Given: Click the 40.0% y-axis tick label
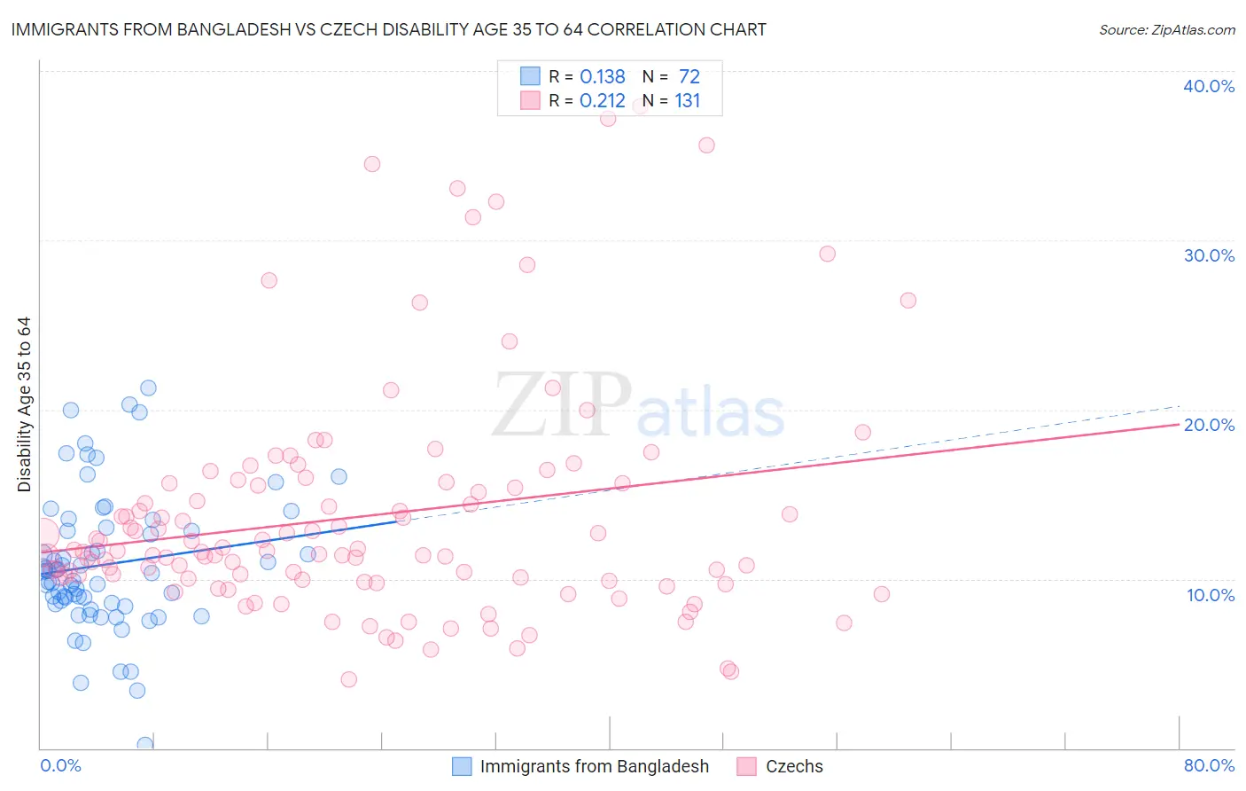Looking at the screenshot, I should click(x=1209, y=86).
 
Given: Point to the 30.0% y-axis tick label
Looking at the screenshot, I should click(x=1209, y=255).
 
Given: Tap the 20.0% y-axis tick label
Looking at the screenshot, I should click(x=1209, y=425).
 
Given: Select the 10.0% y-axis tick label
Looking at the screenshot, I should click(x=1211, y=595).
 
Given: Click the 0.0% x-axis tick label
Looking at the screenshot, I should click(x=60, y=765).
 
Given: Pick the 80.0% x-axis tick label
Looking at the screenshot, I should click(x=1209, y=765).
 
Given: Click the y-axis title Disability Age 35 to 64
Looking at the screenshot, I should click(x=24, y=404).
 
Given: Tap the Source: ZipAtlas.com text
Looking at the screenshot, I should click(x=1166, y=29).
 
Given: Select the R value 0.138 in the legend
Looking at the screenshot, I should click(x=602, y=77).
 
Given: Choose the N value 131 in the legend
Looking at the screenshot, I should click(x=687, y=101).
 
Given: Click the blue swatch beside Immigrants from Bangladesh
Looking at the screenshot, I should click(x=462, y=766).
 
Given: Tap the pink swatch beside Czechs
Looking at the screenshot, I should click(x=747, y=766).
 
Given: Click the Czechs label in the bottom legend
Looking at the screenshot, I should click(x=794, y=766).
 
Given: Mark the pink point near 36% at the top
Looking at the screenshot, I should click(x=706, y=145).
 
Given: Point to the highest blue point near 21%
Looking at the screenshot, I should click(x=149, y=388).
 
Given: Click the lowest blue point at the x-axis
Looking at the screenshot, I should click(x=145, y=745).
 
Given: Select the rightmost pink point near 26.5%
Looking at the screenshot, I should click(x=907, y=301).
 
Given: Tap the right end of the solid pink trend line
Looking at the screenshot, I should click(x=1179, y=424).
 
